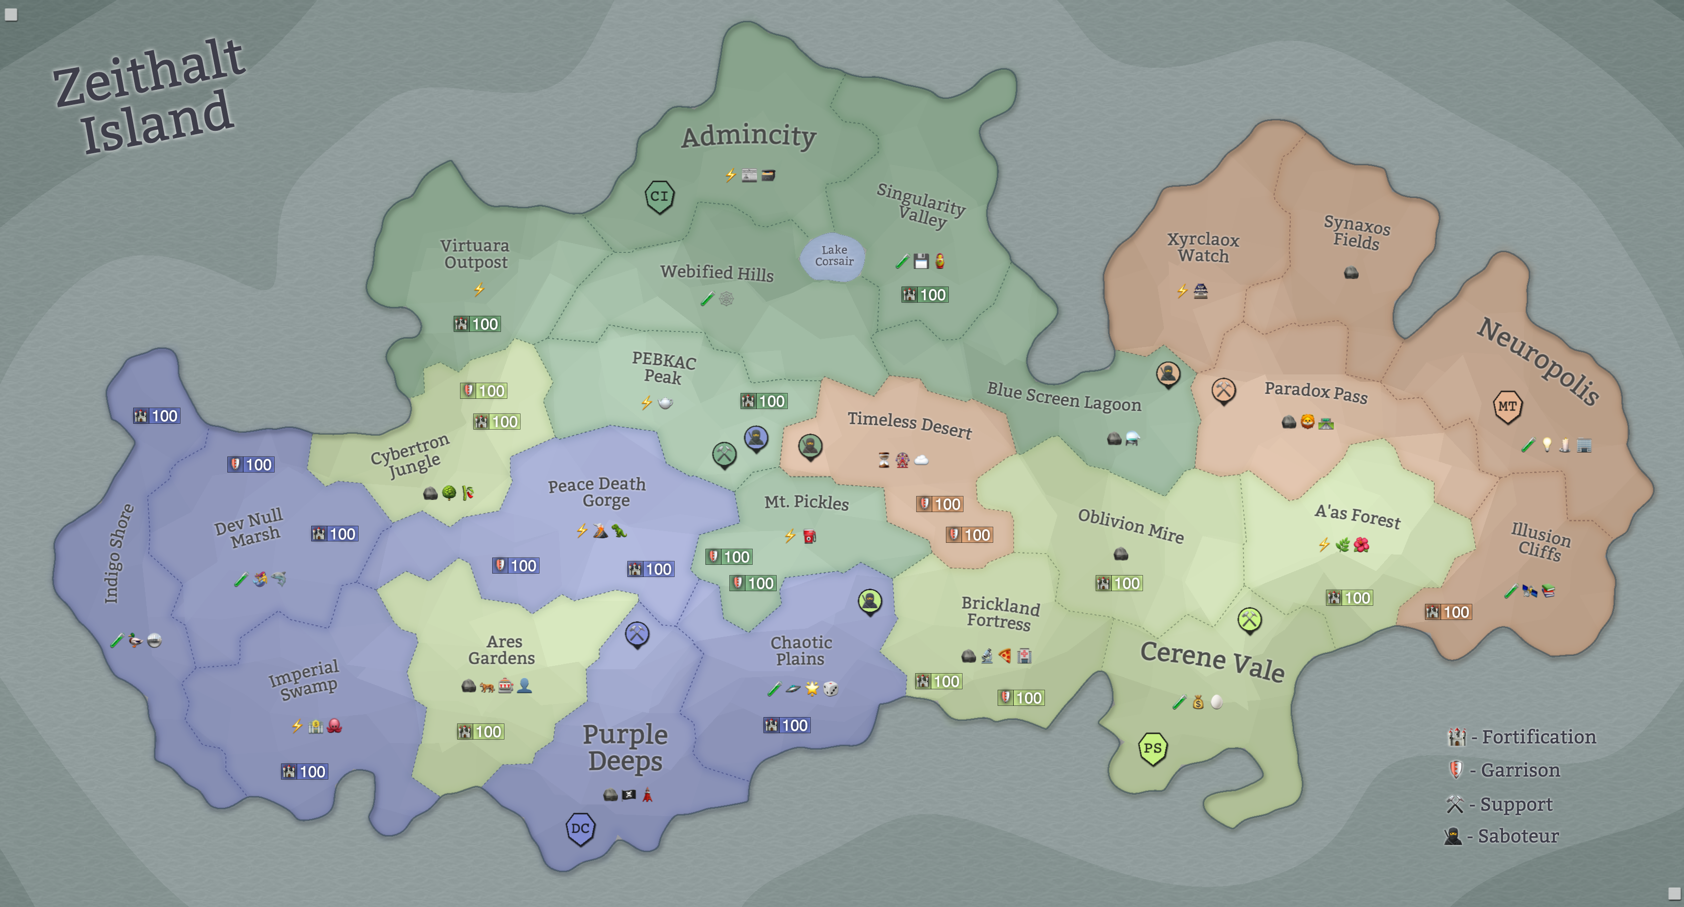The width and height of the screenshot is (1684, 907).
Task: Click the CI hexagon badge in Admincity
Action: [x=659, y=196]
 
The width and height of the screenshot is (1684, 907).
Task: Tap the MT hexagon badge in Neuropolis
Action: [x=1507, y=406]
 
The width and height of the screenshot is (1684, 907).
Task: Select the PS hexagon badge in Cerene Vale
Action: [x=1153, y=748]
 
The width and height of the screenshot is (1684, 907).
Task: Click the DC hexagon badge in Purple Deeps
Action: [x=580, y=828]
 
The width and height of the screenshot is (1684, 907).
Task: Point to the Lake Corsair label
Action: [x=834, y=256]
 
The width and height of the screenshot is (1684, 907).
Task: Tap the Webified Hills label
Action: [x=717, y=272]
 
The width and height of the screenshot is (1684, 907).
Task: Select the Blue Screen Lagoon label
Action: [x=1063, y=396]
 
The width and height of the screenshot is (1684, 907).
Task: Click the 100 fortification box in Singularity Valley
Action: [x=925, y=295]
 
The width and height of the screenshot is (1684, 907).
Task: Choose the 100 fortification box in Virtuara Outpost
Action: [x=477, y=324]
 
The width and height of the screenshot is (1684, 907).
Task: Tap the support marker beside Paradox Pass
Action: [x=1223, y=391]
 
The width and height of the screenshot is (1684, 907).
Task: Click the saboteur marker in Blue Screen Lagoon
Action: [x=1168, y=374]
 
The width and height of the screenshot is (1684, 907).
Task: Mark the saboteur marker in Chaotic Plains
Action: [x=869, y=600]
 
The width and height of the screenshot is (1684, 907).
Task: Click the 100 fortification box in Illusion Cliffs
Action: [x=1448, y=612]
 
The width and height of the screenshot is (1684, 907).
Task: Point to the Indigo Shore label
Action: [x=119, y=553]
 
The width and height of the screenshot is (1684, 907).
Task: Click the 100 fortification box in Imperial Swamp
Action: [x=304, y=772]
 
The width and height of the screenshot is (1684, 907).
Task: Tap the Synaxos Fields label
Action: [x=1357, y=232]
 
